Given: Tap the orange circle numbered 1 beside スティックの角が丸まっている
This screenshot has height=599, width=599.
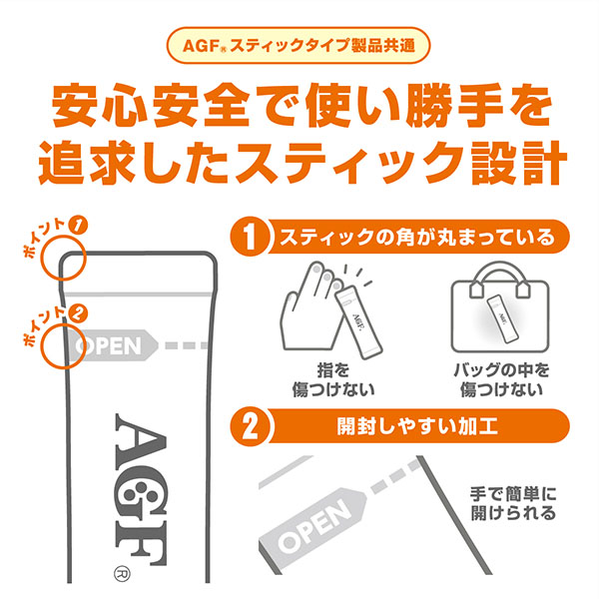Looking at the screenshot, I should [x=252, y=240].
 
